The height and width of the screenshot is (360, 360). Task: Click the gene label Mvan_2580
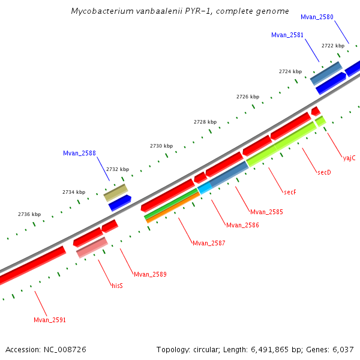click(317, 17)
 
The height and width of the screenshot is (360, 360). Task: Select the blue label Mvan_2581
click(287, 35)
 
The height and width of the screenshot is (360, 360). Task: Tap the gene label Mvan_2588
click(79, 153)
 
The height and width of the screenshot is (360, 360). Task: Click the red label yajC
click(349, 158)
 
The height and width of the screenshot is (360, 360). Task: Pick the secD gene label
click(324, 172)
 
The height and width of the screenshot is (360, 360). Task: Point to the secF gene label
click(290, 192)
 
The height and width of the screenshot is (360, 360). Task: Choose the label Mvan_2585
click(266, 212)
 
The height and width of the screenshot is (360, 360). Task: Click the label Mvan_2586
click(242, 225)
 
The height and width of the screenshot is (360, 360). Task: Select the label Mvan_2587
click(209, 243)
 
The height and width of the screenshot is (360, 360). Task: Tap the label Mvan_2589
click(150, 274)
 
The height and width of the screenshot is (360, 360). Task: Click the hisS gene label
click(117, 286)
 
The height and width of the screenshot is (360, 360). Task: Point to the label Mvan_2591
click(50, 320)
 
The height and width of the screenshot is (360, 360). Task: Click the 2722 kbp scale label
click(333, 46)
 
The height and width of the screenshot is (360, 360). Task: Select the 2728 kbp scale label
click(205, 122)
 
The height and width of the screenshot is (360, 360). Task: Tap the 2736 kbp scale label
click(29, 214)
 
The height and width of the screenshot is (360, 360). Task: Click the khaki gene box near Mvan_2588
click(116, 193)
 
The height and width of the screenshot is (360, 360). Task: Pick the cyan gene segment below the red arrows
click(205, 188)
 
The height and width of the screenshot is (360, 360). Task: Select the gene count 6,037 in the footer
click(342, 349)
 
